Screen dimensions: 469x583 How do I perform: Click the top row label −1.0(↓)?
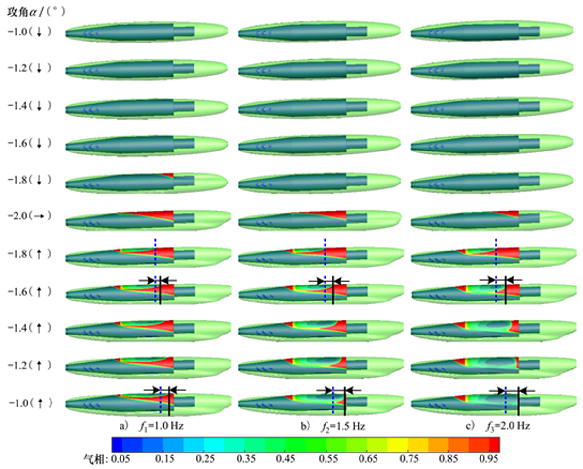[29, 32]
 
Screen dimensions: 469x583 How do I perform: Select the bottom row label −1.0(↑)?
[29, 402]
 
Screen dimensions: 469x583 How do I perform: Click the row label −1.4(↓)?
[29, 105]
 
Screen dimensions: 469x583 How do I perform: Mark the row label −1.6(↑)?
[29, 291]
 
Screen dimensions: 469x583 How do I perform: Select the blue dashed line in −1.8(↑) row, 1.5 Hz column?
[325, 252]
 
